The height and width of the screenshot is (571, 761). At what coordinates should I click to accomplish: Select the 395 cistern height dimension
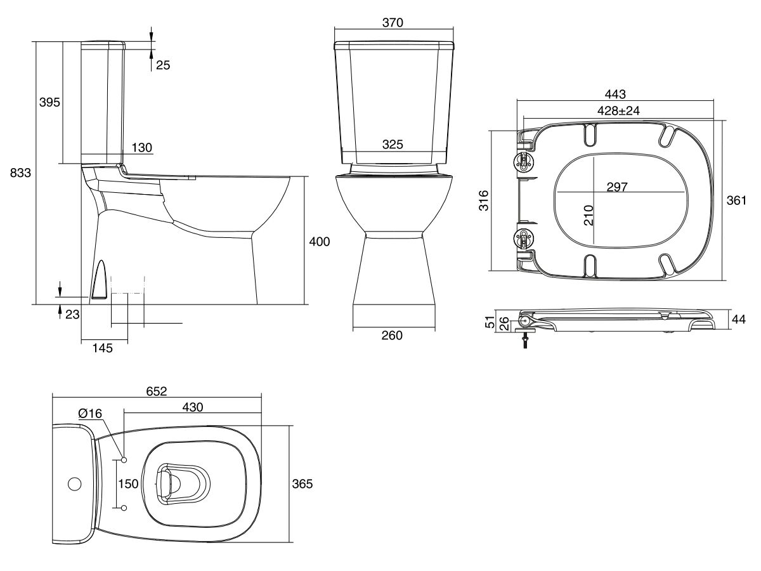[49, 102]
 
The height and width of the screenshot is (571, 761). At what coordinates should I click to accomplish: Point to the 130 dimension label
[142, 147]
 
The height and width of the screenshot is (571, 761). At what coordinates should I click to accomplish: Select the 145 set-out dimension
[101, 348]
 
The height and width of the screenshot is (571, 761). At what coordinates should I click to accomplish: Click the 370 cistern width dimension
[393, 22]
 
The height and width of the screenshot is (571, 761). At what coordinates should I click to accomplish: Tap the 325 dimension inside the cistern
[393, 145]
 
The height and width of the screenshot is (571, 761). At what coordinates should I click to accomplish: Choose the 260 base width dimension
[393, 336]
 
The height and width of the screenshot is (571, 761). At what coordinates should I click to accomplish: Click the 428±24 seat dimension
[619, 110]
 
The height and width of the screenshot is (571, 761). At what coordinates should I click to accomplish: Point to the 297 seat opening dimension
[616, 187]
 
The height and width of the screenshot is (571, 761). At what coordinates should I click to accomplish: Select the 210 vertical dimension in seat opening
[588, 216]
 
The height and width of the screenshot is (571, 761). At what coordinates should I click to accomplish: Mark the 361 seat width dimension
[736, 200]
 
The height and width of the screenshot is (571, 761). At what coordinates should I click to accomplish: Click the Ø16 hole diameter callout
[90, 413]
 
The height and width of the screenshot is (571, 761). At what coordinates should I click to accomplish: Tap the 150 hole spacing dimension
[128, 484]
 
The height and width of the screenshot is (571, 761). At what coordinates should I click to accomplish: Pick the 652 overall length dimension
[156, 391]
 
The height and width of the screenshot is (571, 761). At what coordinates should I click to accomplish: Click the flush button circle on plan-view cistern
[74, 485]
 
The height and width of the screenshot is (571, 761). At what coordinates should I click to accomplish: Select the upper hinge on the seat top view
[525, 160]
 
